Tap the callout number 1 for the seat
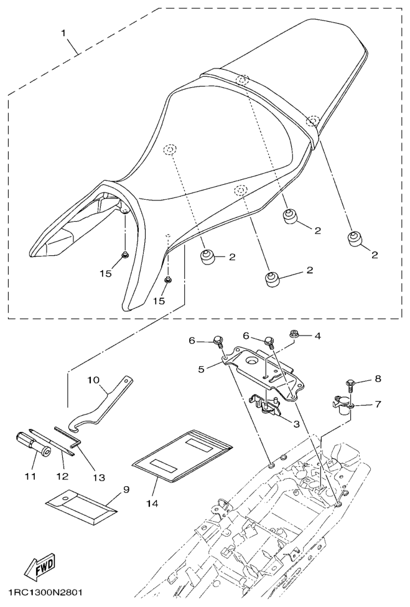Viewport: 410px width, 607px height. pos(64,32)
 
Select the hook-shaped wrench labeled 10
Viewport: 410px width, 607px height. pos(101,404)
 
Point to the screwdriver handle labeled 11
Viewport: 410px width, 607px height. pos(32,444)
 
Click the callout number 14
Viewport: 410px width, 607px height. pos(152,503)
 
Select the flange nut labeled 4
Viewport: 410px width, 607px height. pos(294,333)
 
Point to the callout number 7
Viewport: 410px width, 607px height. pos(377,404)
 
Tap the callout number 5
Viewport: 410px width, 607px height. pos(201,369)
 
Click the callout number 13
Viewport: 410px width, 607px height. pos(99,478)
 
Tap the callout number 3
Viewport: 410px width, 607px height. pos(296,424)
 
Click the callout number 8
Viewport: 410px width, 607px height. pos(378,379)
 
